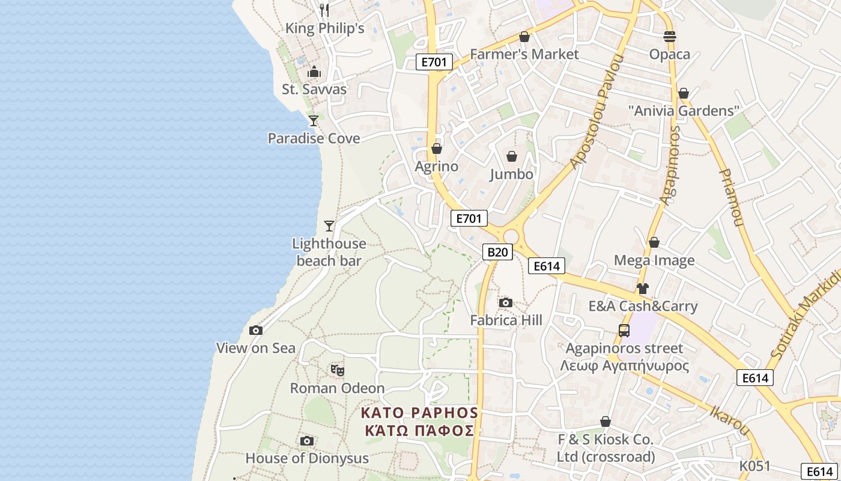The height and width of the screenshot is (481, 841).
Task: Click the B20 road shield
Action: pos(497,252)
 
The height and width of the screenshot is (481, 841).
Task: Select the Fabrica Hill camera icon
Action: pos(506,302)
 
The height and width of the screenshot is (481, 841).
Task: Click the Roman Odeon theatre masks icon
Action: pos(337,370)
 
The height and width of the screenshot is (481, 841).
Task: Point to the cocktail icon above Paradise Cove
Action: pos(313,121)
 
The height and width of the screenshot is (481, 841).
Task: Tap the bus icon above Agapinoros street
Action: pos(624,331)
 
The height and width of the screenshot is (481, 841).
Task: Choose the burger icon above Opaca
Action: pos(670,37)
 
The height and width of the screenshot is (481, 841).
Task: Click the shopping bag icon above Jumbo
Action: pos(512,156)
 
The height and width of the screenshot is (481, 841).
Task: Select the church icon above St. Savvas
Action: pos(314,72)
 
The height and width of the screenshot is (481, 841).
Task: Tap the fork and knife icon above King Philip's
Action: pos(324,10)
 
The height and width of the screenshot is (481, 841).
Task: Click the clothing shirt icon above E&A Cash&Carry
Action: pos(643,289)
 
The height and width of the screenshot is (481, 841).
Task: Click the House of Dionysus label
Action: pos(307,458)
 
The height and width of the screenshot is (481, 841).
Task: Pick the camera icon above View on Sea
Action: pos(256,330)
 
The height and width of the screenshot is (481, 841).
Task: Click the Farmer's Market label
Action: pos(524,54)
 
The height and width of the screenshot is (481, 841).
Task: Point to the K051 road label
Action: pos(754,466)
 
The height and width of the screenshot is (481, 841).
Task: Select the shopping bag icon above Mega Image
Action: pos(654,242)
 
